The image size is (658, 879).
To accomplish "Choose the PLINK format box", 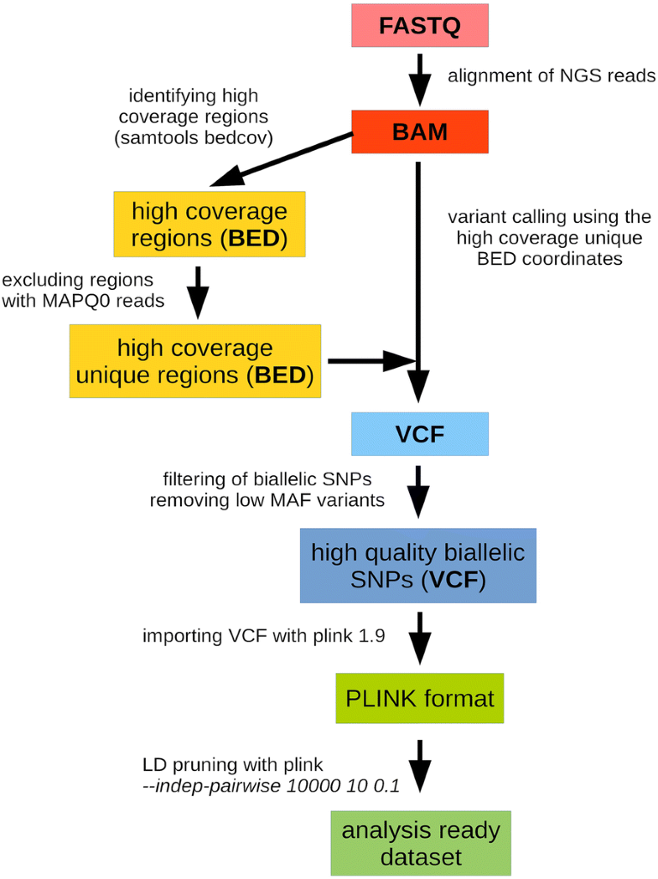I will [419, 698].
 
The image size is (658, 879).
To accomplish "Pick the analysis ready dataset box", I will [420, 843].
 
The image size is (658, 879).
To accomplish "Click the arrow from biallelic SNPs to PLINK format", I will [419, 637].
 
